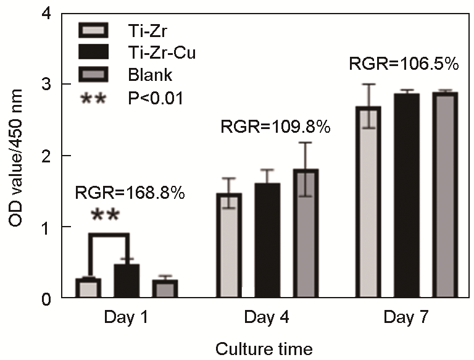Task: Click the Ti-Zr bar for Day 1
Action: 88,288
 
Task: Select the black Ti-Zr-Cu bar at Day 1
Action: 127,282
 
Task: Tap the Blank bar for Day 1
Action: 165,289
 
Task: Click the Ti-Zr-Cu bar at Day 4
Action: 267,241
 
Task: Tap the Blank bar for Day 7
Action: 446,196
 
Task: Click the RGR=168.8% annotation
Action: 130,193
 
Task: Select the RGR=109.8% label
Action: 275,128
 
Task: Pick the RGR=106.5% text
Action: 404,64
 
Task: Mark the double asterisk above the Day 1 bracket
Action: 106,217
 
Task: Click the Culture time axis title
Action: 264,349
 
